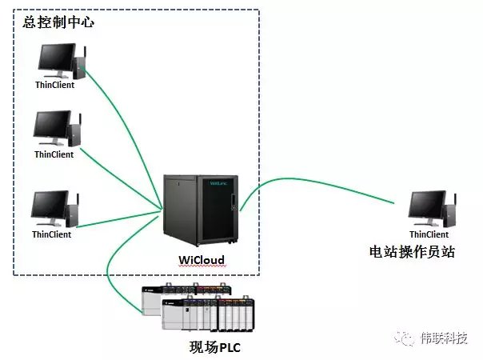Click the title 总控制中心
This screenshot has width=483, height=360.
[58, 22]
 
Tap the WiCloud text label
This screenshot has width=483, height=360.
[202, 260]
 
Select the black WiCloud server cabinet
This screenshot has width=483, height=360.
[201, 210]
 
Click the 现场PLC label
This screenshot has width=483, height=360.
[214, 347]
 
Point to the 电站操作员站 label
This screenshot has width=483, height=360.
[412, 252]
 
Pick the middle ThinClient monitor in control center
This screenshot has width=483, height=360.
[52, 127]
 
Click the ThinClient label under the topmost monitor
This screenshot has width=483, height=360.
[55, 85]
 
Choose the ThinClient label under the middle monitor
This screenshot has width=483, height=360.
[54, 154]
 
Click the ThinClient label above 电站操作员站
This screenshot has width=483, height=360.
[429, 234]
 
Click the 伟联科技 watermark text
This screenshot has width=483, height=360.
[445, 338]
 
